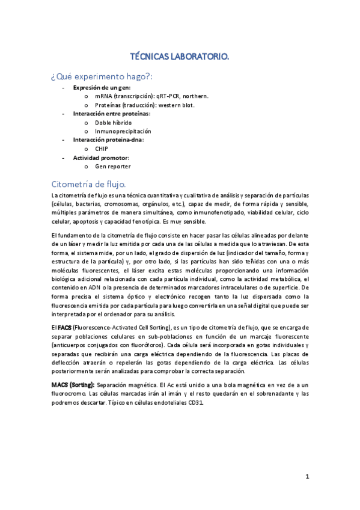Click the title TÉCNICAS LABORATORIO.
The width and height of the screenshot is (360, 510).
coord(180,57)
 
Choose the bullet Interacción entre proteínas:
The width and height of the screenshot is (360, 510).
coord(111,114)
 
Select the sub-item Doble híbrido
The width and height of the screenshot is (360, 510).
coord(113,123)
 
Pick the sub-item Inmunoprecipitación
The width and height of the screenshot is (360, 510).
coord(123,131)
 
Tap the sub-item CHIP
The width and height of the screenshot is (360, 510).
coord(102,149)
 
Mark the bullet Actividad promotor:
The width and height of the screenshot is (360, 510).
coord(101,158)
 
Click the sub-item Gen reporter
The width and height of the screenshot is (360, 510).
coord(112,166)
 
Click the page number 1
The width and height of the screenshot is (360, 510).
coord(307,477)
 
